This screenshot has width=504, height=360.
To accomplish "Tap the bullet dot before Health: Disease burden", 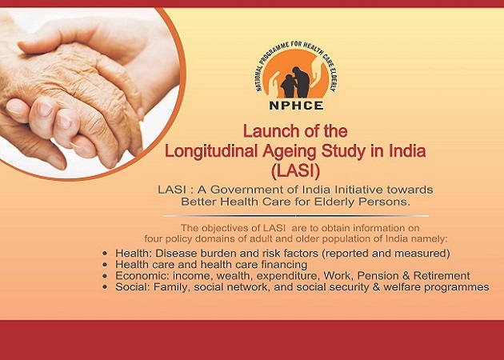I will [106, 254].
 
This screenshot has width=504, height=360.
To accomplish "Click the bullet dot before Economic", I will [106, 276].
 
